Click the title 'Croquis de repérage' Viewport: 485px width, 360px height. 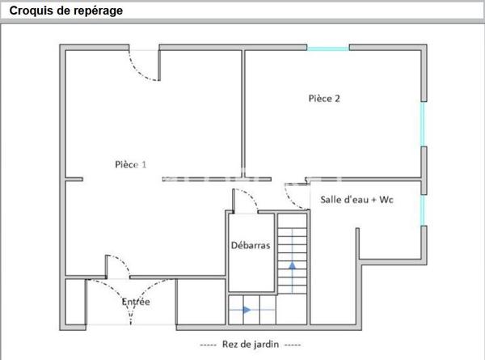[66, 11]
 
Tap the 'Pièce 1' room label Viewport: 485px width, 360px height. [130, 164]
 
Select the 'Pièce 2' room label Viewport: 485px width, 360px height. [324, 99]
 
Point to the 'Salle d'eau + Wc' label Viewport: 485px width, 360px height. [356, 200]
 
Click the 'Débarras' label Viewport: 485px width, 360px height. [251, 245]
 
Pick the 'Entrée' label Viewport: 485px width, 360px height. [136, 302]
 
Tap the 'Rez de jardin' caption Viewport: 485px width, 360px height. [251, 344]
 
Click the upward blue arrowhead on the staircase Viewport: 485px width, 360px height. [293, 265]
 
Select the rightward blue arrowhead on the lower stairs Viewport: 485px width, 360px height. [247, 310]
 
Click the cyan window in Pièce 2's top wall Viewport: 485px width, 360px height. [328, 49]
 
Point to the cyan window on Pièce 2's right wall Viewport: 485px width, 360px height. [423, 124]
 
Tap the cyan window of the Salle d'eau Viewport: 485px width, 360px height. [423, 210]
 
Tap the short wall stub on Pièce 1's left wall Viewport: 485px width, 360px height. [74, 180]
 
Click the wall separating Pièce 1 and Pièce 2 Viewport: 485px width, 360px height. [242, 114]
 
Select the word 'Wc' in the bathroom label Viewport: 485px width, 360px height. [386, 200]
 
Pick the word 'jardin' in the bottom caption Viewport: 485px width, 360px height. [265, 345]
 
